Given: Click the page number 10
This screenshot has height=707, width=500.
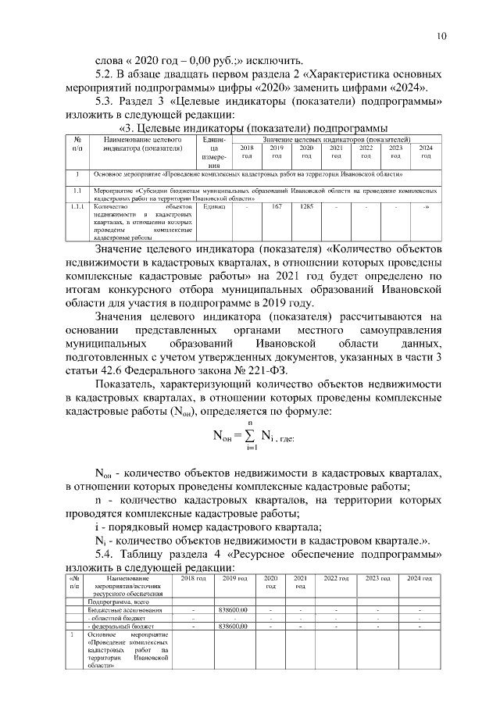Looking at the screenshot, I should (441, 36).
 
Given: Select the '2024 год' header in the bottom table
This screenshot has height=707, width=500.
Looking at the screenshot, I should (419, 578).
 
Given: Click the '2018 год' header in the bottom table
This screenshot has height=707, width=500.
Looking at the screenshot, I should (193, 578).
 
